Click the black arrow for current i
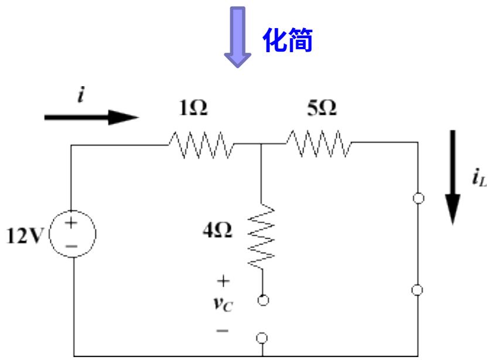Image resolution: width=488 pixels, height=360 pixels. pyautogui.click(x=91, y=116)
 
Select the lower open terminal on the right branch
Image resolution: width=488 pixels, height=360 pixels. pyautogui.click(x=418, y=289)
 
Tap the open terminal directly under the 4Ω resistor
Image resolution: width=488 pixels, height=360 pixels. pyautogui.click(x=262, y=299)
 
